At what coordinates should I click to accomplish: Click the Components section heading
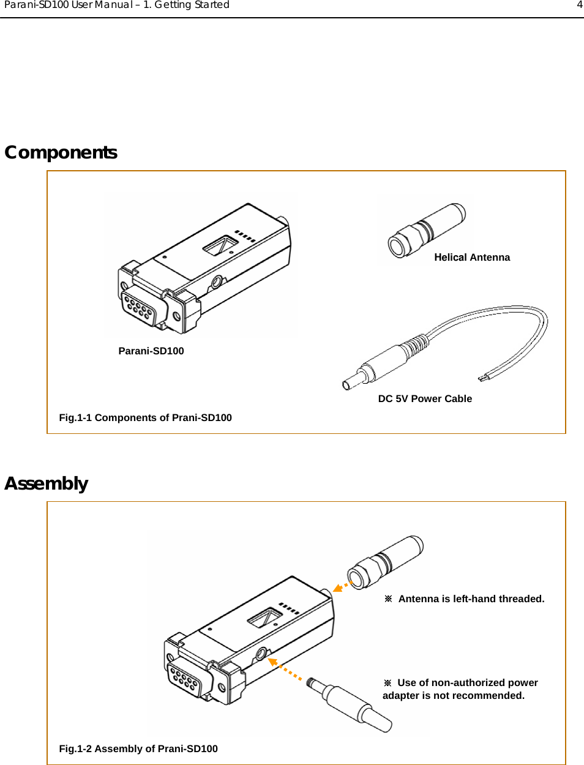(61, 152)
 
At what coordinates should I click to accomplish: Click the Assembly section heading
(47, 483)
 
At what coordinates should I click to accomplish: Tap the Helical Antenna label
(471, 258)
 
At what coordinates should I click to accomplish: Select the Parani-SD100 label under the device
(151, 351)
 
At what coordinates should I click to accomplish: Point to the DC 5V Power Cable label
(425, 399)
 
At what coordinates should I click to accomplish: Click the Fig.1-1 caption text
(145, 418)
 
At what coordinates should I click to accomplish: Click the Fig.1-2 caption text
(138, 749)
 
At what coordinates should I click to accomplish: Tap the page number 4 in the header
(579, 5)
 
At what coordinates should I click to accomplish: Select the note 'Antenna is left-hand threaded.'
(470, 599)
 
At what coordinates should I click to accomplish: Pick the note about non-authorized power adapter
(460, 689)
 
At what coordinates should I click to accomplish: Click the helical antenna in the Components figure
(427, 230)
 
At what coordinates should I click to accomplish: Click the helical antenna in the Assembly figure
(385, 561)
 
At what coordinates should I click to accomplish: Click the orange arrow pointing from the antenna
(340, 588)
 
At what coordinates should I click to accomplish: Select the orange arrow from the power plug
(285, 670)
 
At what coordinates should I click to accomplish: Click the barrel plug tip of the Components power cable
(348, 384)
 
